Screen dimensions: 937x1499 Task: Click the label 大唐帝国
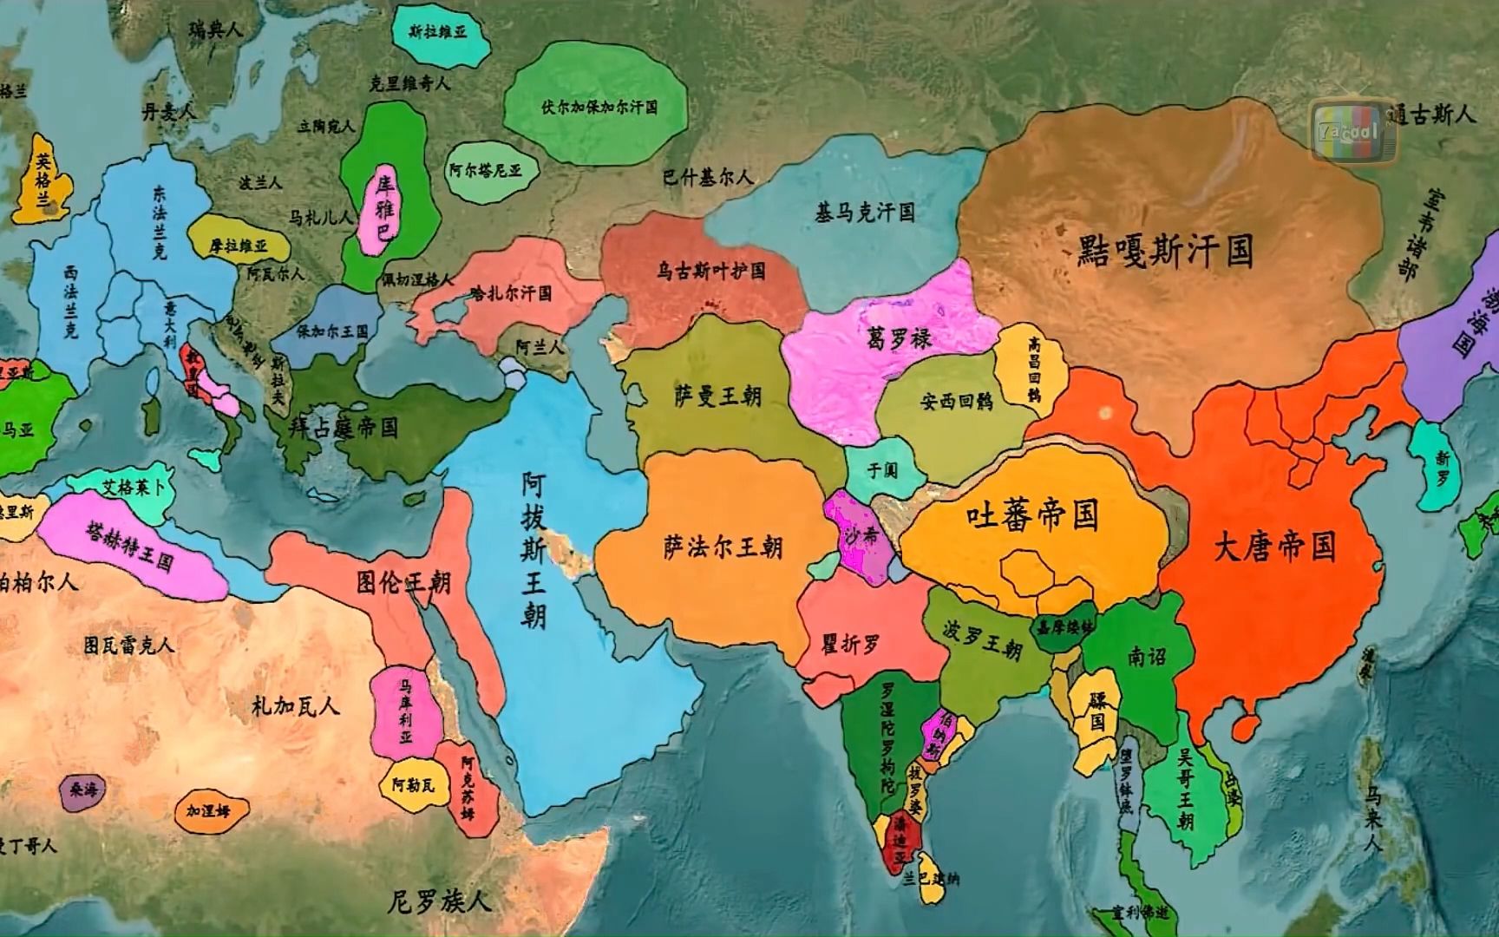pos(1273,547)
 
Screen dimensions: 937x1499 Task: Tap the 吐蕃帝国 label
pos(1032,517)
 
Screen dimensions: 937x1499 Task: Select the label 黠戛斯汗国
pos(1165,251)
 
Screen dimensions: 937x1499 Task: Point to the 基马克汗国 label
pos(864,212)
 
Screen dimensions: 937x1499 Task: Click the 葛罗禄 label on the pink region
pos(899,337)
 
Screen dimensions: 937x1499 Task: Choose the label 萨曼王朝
pos(717,396)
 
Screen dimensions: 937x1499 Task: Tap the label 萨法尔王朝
pos(723,547)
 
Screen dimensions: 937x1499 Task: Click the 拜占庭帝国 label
pos(344,428)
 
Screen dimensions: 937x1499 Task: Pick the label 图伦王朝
pos(403,581)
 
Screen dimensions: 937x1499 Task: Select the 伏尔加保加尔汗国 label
pos(599,108)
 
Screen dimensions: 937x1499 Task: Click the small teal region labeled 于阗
pos(882,470)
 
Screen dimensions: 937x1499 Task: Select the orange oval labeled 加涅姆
pos(207,811)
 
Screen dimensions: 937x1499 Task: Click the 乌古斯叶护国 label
pos(710,272)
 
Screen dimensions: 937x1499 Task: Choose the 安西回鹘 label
pos(956,403)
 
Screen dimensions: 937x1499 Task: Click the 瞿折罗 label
pos(850,644)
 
